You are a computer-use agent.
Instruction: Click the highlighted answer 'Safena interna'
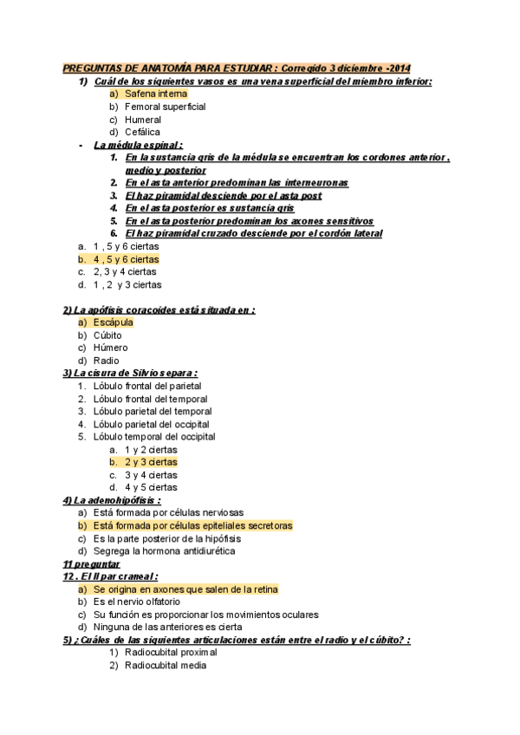coord(155,94)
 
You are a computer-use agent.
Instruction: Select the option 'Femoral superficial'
coord(165,107)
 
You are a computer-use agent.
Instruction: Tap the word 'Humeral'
coord(142,120)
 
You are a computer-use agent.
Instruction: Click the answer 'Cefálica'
coord(142,132)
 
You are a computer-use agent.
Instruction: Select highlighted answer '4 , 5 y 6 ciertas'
coord(126,259)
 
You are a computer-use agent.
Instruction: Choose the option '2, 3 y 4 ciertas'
coord(125,271)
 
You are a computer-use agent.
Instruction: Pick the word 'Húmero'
coord(110,348)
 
